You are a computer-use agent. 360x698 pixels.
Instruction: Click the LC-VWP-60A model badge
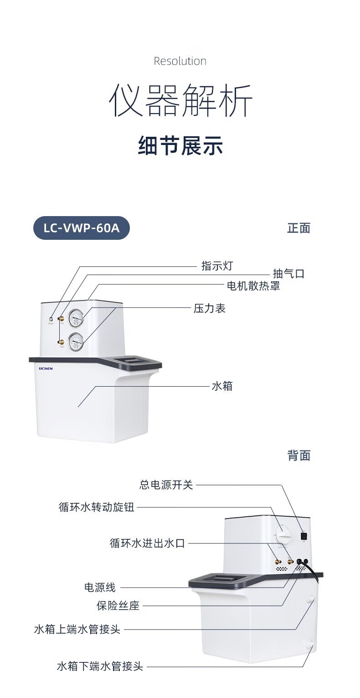(82, 228)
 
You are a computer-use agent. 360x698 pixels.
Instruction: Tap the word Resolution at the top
(180, 61)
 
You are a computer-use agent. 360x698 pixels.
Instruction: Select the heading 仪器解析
(180, 100)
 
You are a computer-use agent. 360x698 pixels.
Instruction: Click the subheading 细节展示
(180, 146)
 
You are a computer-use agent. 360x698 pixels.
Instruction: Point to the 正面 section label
(298, 228)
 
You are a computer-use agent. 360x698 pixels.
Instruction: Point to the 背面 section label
(298, 455)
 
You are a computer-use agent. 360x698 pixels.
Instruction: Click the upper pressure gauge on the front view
(76, 318)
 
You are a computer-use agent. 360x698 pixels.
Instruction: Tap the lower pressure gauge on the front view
(76, 341)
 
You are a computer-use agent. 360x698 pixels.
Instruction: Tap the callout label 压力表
(210, 309)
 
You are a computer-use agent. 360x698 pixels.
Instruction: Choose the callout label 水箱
(222, 386)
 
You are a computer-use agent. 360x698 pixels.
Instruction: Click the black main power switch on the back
(303, 537)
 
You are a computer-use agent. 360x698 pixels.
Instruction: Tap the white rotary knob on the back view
(283, 533)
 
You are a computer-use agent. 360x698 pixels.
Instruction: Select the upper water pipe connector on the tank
(311, 597)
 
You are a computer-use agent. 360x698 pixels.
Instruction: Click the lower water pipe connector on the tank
(310, 644)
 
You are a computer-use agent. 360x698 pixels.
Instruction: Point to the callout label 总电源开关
(166, 485)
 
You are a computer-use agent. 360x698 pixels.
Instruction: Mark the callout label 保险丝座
(118, 606)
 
